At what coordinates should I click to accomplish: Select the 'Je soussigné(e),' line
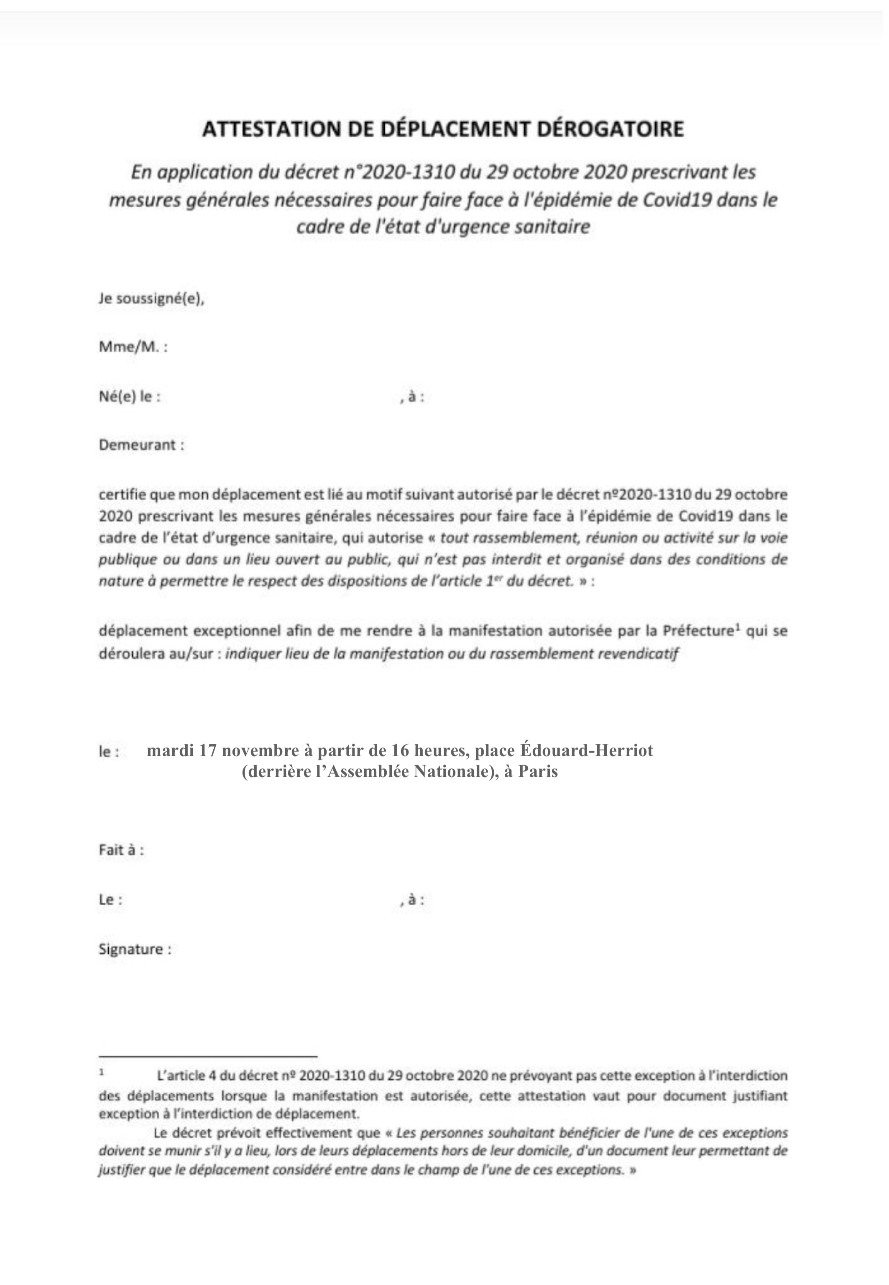click(x=151, y=299)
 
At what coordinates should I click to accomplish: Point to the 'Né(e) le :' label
click(x=130, y=397)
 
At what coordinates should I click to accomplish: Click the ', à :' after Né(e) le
click(x=412, y=397)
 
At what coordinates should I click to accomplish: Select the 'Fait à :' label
click(x=121, y=850)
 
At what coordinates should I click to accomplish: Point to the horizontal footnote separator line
click(x=208, y=1056)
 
